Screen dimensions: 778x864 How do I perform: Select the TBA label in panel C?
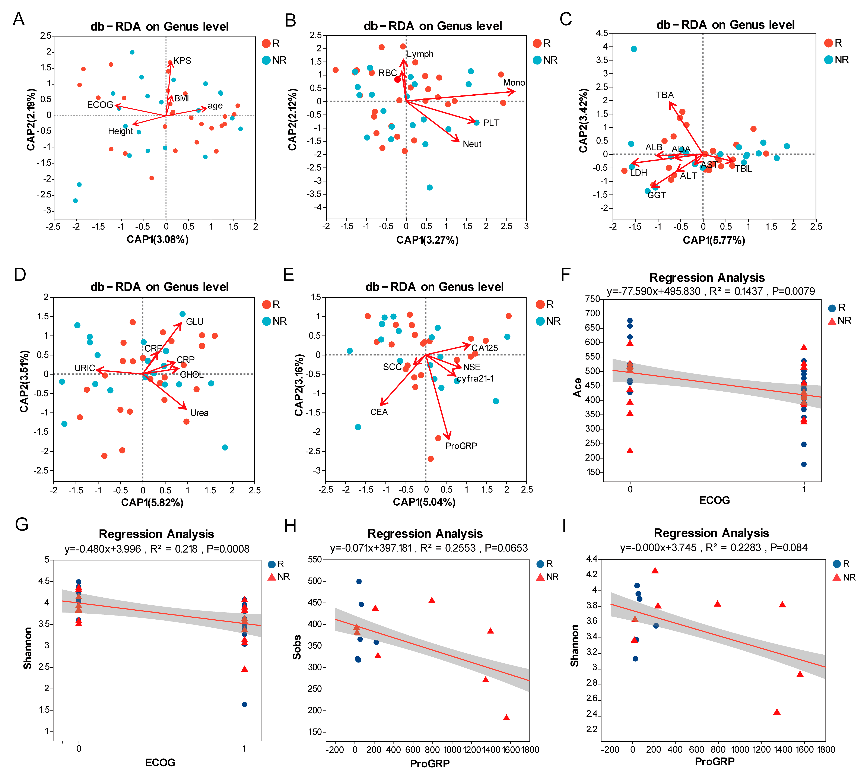665,95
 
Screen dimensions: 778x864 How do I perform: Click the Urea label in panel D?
199,413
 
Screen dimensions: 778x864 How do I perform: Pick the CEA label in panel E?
379,412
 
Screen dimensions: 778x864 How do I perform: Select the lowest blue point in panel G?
244,705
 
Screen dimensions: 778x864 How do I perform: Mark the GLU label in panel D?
195,322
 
